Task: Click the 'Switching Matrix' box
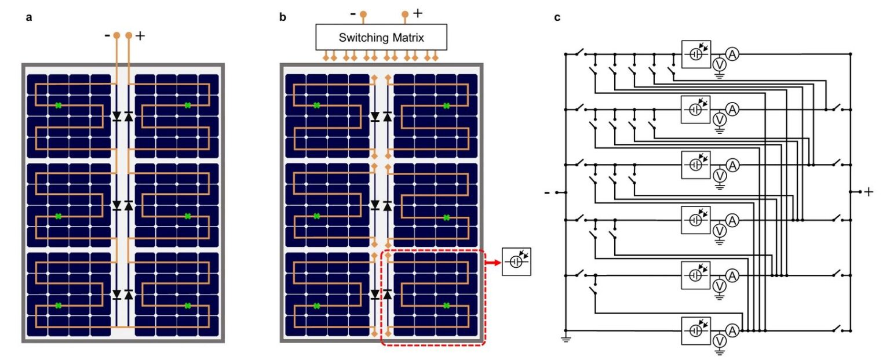(381, 38)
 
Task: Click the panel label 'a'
(29, 17)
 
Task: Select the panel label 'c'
(557, 17)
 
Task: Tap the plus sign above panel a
(140, 35)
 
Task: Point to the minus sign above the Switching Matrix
(352, 13)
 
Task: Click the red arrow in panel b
(493, 261)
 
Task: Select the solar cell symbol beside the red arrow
(516, 261)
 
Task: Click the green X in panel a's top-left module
(58, 105)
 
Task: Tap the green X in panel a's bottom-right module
(187, 306)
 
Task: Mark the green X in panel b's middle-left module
(316, 216)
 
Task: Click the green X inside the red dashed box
(446, 306)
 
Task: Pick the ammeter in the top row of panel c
(732, 54)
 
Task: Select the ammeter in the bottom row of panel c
(732, 330)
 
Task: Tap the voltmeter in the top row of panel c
(719, 64)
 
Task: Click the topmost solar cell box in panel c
(696, 54)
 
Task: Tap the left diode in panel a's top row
(116, 116)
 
